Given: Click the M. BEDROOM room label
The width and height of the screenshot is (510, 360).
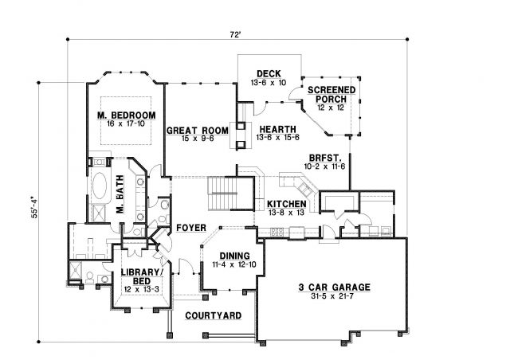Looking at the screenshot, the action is (x=126, y=115).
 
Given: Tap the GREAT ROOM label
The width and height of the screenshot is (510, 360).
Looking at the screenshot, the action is (x=198, y=131).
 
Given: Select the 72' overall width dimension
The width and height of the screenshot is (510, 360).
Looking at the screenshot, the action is (x=235, y=34).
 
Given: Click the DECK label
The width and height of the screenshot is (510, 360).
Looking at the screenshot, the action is (x=269, y=74).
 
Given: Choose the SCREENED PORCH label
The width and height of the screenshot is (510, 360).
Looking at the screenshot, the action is (x=331, y=94).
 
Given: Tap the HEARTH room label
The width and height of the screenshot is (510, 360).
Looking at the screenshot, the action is (x=277, y=130).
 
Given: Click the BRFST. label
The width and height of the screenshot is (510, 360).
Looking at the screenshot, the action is (x=325, y=158).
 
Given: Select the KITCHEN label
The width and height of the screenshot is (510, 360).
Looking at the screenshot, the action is (x=287, y=204).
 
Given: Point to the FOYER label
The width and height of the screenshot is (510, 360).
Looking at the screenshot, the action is (x=191, y=228).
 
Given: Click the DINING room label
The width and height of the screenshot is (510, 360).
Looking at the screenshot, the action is (x=234, y=256).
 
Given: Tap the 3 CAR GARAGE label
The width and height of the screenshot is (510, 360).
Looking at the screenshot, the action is (x=335, y=288).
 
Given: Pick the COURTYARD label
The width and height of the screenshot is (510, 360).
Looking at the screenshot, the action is (x=214, y=315).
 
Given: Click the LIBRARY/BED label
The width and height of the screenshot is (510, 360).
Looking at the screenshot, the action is (x=142, y=276).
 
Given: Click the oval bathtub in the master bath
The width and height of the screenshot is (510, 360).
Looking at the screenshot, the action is (x=100, y=186).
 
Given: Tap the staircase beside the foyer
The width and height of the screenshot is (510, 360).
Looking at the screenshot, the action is (x=222, y=194).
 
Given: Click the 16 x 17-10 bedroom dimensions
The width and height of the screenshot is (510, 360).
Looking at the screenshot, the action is (x=126, y=124).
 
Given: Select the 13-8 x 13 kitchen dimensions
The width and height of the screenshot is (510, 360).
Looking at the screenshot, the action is (x=286, y=213).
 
